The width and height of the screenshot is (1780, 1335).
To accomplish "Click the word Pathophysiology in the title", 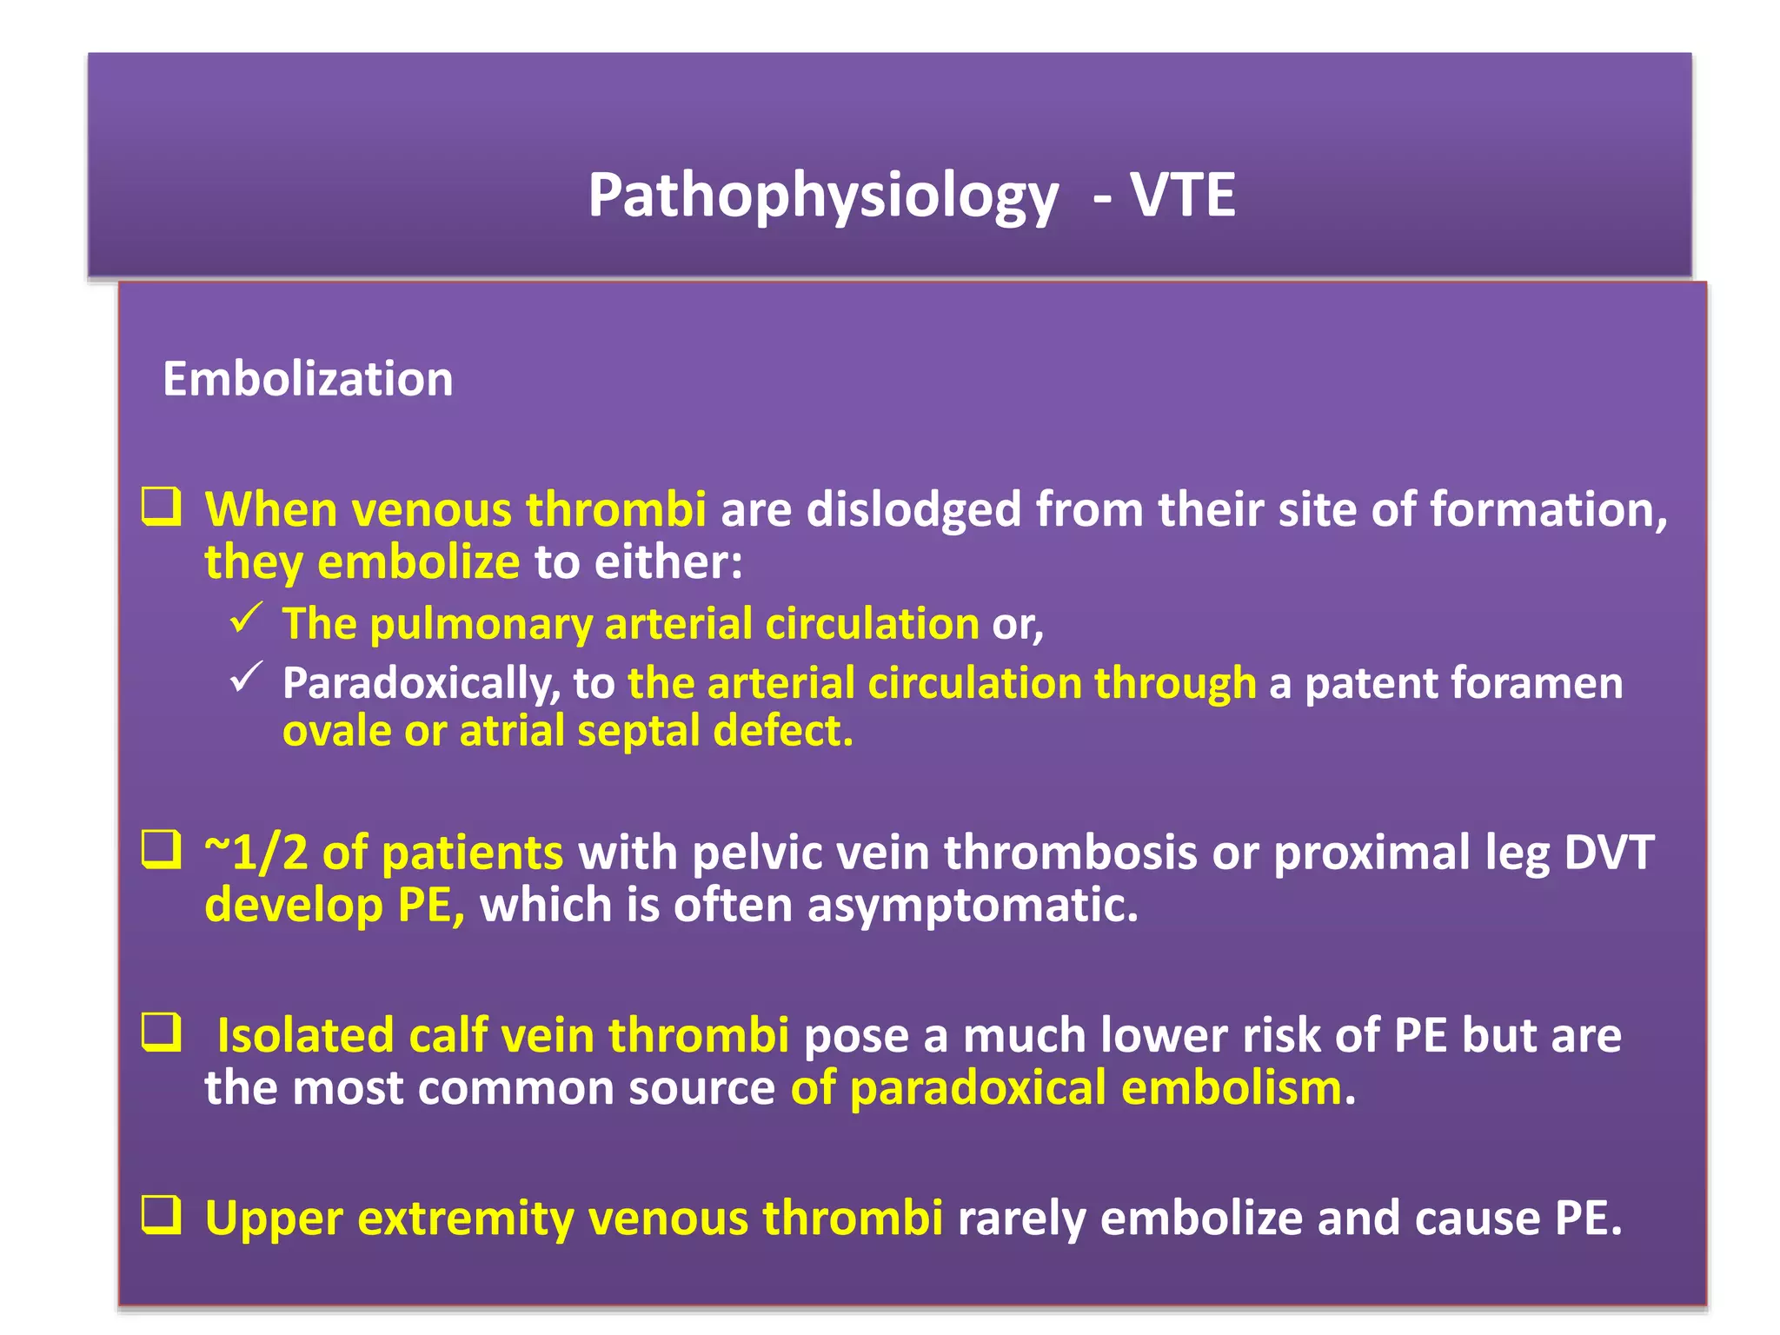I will pos(823,196).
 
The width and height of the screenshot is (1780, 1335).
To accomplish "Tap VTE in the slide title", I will pos(1182,195).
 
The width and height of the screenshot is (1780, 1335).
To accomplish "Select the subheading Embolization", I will pos(308,380).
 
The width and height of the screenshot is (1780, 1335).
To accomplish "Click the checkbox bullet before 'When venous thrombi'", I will pos(162,507).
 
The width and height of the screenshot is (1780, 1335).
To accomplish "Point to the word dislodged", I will pos(913,510).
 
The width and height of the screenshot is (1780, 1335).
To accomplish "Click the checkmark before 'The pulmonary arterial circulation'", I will pos(247,619).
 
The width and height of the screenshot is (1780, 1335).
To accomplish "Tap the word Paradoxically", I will pos(422,684).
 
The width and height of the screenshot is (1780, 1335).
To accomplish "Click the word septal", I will pos(638,731).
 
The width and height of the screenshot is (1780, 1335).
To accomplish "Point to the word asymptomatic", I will pos(972,906).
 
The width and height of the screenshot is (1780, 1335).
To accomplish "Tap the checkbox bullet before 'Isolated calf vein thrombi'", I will pos(162,1033).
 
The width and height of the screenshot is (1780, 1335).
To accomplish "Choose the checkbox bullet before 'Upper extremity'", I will pos(162,1215).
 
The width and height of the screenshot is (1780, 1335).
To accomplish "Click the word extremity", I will pos(466,1219).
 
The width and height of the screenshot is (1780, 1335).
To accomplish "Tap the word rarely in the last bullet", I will pos(1020,1219).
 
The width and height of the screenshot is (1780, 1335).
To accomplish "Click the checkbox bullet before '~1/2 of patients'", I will pos(162,850).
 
